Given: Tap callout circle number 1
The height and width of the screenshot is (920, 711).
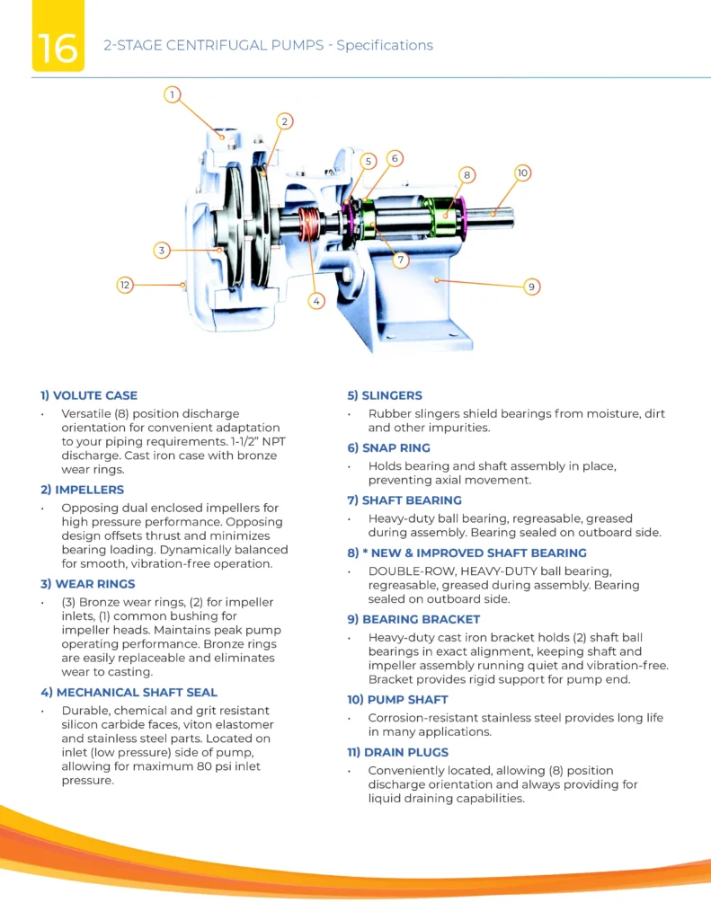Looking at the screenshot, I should (x=173, y=93).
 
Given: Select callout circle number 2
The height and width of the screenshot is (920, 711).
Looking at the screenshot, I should (x=284, y=121).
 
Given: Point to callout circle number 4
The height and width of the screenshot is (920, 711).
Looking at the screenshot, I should (x=316, y=301).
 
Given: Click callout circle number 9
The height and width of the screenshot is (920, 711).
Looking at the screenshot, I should (x=532, y=287).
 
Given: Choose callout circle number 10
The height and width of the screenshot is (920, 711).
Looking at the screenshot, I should (x=522, y=172).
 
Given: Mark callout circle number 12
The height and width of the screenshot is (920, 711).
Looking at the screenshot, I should (x=125, y=285).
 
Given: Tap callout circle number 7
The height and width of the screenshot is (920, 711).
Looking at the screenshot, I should (x=401, y=260).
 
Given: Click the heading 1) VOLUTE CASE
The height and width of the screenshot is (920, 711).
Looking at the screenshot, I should (x=89, y=395).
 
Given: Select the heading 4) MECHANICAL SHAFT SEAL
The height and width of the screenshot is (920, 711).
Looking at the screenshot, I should (x=128, y=693).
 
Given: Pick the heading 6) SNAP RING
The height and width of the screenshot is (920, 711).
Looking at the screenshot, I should (x=388, y=447).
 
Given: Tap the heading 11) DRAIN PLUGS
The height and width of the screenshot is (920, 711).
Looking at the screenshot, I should (x=397, y=752).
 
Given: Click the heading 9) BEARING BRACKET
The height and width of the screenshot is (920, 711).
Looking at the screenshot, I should (x=413, y=619).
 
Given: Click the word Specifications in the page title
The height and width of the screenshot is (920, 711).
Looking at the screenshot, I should (x=384, y=46).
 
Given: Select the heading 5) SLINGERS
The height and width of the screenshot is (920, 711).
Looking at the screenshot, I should (x=384, y=395).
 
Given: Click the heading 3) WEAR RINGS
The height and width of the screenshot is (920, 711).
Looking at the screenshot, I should (x=87, y=584).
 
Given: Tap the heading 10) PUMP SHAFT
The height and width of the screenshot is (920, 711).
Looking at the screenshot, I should (x=397, y=699).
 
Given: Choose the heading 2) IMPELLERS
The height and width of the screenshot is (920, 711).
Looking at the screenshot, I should (x=82, y=490).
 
